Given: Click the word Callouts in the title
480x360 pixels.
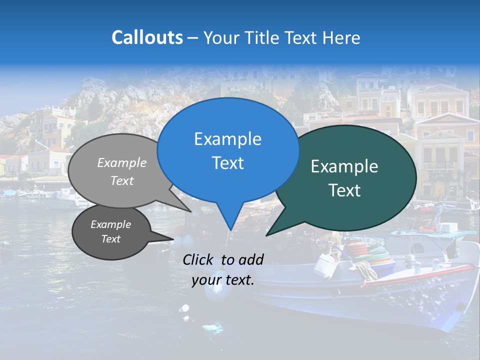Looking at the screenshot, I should tap(147, 37).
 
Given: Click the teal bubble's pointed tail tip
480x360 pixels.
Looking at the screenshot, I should tap(267, 235).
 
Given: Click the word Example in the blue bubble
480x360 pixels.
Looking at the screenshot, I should tap(228, 139).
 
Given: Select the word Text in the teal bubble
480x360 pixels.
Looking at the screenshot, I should tap(345, 190).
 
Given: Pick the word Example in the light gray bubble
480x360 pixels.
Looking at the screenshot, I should tap(122, 162).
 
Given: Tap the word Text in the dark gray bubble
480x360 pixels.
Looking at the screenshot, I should tap(111, 239).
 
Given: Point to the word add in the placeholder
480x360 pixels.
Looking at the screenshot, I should tap(250, 259).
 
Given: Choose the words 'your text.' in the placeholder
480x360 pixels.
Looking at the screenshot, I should tap(223, 280).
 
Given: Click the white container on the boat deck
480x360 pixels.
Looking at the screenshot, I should tap(325, 265).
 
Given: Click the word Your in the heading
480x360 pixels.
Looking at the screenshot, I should tap(220, 37).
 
